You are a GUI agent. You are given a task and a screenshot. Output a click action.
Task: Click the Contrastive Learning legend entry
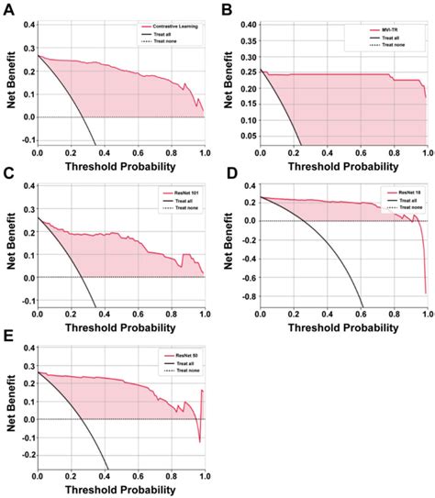click(x=174, y=28)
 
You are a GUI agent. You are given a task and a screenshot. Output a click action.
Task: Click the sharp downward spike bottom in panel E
click(x=199, y=442)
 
